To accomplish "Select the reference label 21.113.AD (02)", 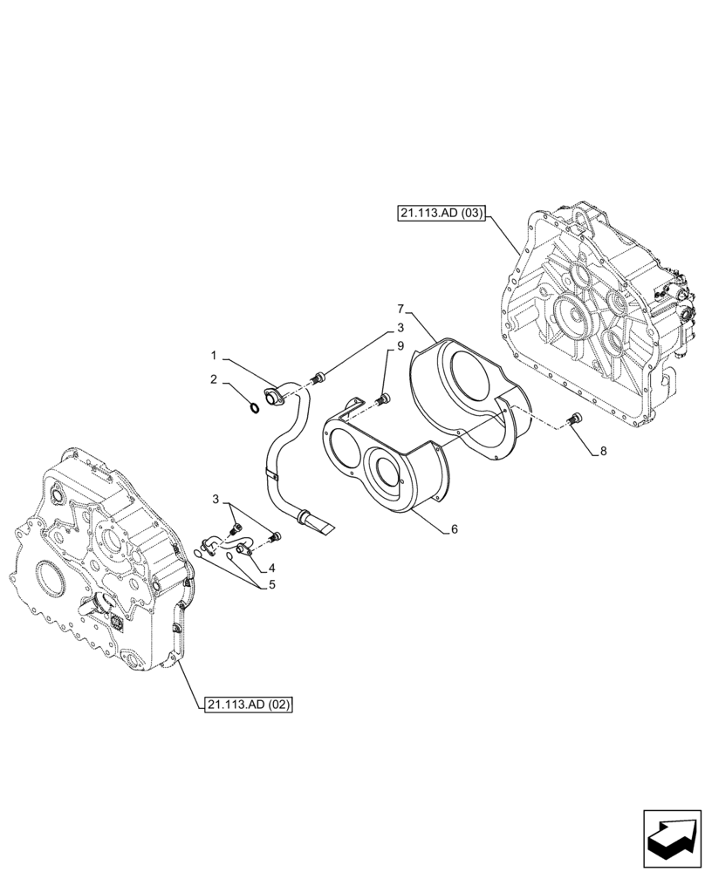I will [x=249, y=705].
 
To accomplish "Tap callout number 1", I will [x=213, y=357].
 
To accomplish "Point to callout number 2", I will [x=213, y=379].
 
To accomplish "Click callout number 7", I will [x=400, y=309].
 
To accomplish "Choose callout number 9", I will [x=400, y=346].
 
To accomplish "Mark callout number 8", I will [x=600, y=452].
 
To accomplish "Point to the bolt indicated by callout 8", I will [x=573, y=420].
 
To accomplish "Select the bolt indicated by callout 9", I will [x=383, y=399].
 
